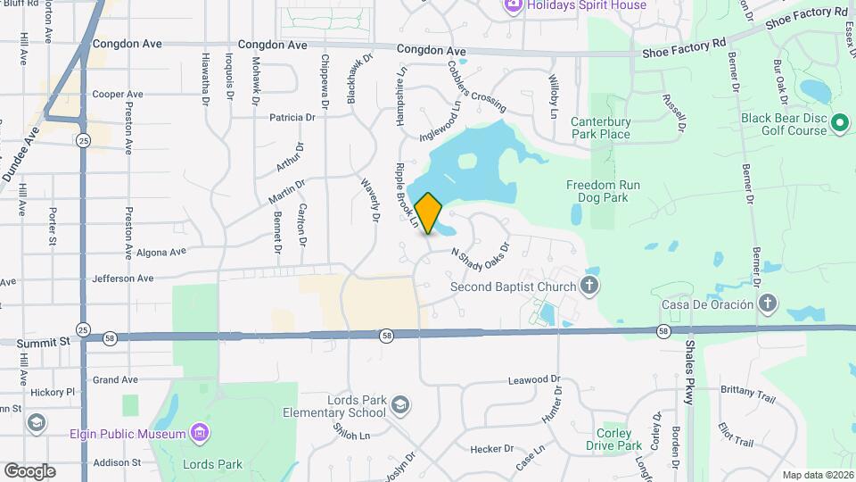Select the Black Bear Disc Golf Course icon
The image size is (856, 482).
pyautogui.click(x=839, y=122)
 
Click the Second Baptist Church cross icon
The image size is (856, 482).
pyautogui.click(x=588, y=287)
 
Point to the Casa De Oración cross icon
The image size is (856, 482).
pyautogui.click(x=767, y=304)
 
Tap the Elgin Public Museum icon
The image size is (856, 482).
pyautogui.click(x=201, y=434)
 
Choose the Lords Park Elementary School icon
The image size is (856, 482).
pyautogui.click(x=400, y=406)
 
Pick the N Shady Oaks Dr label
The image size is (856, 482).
pyautogui.click(x=479, y=256)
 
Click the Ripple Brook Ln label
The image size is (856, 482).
pyautogui.click(x=406, y=198)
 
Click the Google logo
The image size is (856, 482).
pyautogui.click(x=29, y=470)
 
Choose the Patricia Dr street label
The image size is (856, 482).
pyautogui.click(x=292, y=117)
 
